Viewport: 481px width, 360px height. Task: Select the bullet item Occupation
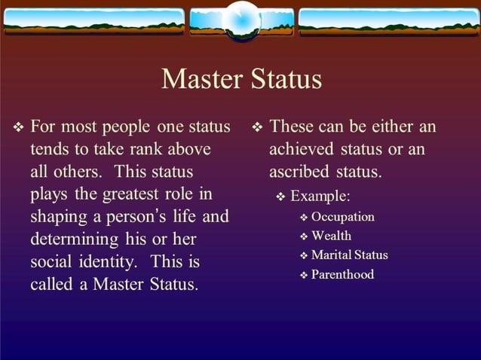342,217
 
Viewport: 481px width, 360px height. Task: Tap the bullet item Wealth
331,236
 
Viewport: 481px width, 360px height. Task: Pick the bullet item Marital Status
349,255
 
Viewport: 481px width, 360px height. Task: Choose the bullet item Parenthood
342,274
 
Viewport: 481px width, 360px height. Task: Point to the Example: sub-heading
320,196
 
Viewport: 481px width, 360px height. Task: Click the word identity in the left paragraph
108,262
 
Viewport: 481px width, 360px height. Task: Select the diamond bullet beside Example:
280,197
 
